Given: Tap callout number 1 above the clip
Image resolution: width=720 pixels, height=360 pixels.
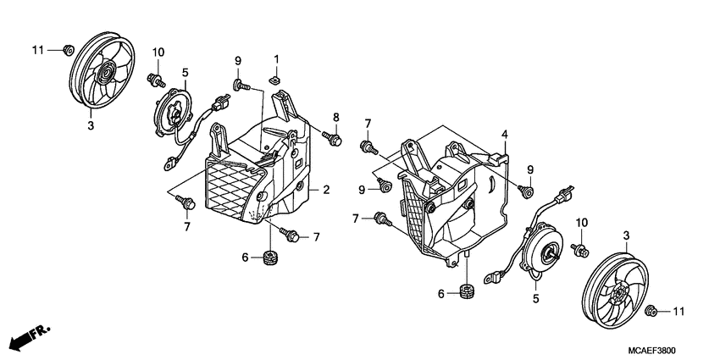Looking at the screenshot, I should tap(276, 58).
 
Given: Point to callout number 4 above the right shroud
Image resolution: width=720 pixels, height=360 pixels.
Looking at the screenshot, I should tap(504, 135).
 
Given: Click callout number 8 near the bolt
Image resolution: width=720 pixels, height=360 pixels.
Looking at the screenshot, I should tap(335, 117).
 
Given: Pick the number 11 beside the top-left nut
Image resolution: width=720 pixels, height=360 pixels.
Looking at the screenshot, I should tap(38, 51).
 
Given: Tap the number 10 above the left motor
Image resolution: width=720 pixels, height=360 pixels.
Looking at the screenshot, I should tap(158, 53).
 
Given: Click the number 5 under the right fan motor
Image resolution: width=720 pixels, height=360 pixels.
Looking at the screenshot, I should tap(535, 297).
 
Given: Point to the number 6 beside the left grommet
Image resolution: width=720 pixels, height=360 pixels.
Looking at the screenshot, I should tap(245, 257).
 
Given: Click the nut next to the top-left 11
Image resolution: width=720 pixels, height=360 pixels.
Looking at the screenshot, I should tap(64, 50).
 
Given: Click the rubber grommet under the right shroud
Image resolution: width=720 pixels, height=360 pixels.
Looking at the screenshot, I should tap(466, 294).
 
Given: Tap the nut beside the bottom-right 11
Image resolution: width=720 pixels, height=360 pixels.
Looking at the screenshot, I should tap(653, 312).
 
